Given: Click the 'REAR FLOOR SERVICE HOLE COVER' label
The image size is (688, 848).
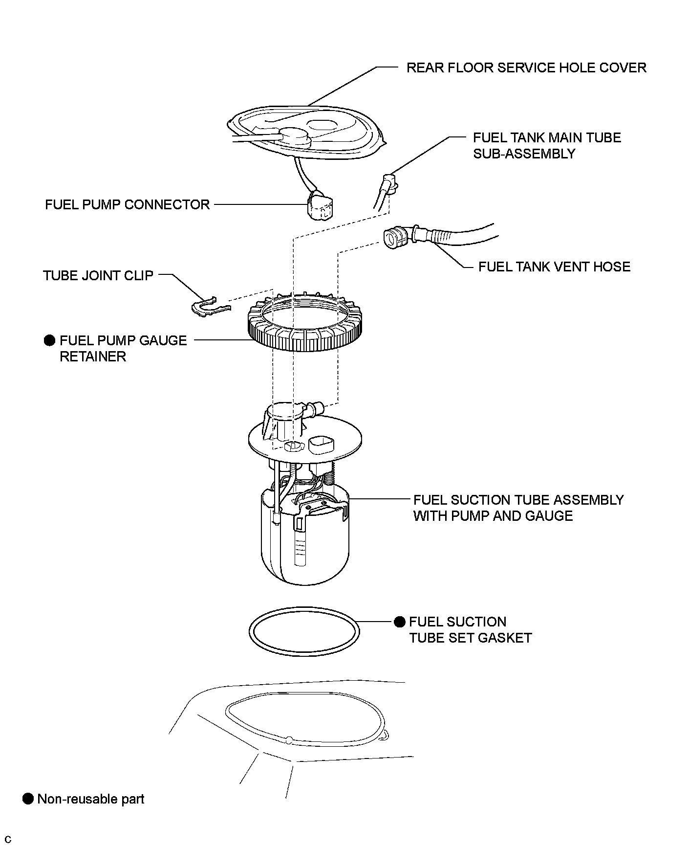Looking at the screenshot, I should point(526,67).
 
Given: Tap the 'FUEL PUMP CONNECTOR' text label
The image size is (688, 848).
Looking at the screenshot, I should point(127,204).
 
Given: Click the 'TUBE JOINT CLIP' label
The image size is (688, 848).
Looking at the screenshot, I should point(98,275).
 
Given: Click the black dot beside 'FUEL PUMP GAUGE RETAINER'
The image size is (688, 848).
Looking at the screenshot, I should point(49,341).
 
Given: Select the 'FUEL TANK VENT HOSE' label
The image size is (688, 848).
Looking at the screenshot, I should point(554,267).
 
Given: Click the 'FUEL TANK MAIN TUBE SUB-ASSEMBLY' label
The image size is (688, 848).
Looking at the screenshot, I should point(547,145).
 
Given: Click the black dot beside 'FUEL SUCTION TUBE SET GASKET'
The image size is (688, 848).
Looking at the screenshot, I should point(400,622).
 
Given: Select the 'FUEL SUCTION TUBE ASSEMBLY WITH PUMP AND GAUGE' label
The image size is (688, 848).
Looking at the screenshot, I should point(518,508).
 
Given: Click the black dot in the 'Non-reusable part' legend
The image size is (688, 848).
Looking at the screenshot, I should point(28,799).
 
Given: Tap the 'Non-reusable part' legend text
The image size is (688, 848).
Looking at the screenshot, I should point(91,799).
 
